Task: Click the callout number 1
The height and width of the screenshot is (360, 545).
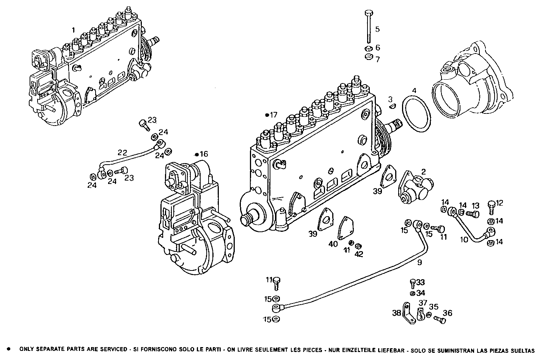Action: pos(74,30)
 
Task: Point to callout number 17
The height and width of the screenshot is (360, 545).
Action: pos(273,114)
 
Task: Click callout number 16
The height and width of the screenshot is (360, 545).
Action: pos(204,154)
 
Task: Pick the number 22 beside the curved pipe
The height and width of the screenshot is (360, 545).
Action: pos(122,152)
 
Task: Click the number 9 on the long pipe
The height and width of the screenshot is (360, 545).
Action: pos(419,262)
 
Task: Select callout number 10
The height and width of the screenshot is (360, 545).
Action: pos(464,239)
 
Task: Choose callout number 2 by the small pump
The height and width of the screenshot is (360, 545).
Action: pos(423,171)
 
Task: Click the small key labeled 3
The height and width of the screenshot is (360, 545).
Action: pos(393,107)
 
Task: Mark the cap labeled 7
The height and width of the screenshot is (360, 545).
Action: pos(367,58)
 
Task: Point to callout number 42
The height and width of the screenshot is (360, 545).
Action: pos(359,254)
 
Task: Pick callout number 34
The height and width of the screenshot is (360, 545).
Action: pos(421,293)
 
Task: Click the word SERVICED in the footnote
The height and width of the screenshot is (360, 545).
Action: pos(111,350)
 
